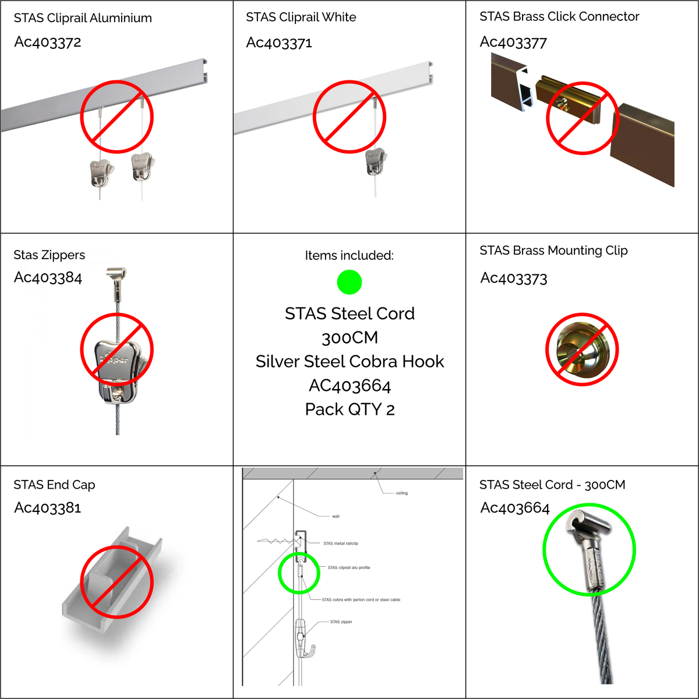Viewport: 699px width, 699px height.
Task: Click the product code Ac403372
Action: [x=48, y=42]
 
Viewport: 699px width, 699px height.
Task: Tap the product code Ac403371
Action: [x=279, y=43]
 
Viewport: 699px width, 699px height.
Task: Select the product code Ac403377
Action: [x=513, y=43]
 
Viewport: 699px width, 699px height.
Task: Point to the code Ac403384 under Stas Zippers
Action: [x=48, y=277]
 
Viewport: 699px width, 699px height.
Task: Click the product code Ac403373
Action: [x=514, y=278]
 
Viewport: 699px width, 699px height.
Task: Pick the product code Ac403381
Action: [x=48, y=507]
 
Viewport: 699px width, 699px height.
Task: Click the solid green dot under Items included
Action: [x=349, y=282]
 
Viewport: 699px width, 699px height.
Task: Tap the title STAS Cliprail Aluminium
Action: [x=83, y=18]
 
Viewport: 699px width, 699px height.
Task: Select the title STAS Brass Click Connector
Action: [x=559, y=16]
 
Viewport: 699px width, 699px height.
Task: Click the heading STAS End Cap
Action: [x=54, y=485]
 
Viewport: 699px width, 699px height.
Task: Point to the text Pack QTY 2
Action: [x=349, y=409]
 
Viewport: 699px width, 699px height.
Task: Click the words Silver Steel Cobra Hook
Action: [x=349, y=361]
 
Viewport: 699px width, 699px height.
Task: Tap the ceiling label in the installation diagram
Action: [x=401, y=493]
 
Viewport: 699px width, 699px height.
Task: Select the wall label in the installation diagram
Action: [x=336, y=516]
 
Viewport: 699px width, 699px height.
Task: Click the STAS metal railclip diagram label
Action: [x=341, y=543]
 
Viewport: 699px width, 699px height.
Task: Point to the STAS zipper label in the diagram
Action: [x=341, y=622]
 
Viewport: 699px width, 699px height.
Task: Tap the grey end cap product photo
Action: [x=112, y=580]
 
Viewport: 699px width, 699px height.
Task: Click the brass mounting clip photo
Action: [x=581, y=349]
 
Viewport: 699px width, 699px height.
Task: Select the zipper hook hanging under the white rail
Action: [x=376, y=161]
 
